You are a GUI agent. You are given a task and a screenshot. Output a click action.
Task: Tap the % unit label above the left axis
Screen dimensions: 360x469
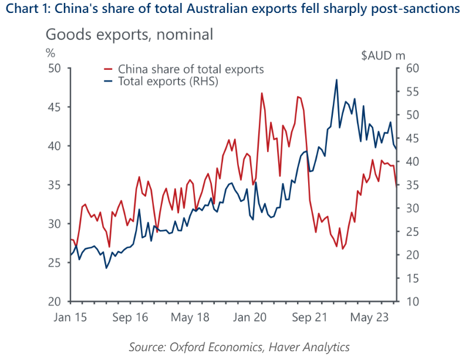click(50, 52)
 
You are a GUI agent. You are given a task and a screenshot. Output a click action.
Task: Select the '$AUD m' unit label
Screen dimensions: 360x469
click(382, 56)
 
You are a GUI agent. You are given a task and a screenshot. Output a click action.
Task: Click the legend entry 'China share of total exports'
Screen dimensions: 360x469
click(191, 69)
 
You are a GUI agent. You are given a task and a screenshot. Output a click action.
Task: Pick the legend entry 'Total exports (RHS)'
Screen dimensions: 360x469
click(168, 81)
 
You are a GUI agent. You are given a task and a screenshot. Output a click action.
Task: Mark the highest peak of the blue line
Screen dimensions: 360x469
click(336, 80)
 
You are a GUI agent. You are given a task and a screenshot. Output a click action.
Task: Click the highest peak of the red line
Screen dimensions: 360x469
click(261, 93)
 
